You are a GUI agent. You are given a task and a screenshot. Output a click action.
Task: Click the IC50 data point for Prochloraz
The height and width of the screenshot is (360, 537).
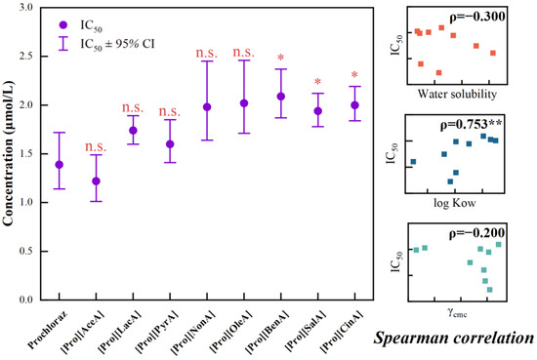pos(60,165)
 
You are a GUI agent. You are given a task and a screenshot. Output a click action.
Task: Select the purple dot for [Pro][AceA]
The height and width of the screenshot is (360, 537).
pos(97,181)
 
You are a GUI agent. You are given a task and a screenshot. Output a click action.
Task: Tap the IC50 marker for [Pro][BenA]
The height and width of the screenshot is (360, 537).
pos(281,97)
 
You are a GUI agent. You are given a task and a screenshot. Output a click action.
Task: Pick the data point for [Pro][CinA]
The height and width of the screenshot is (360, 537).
pos(354,105)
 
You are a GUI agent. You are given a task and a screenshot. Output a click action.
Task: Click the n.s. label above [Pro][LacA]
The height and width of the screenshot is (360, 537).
pos(133,107)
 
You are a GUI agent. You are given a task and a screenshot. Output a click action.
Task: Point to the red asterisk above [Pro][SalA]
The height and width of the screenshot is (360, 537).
pos(318,82)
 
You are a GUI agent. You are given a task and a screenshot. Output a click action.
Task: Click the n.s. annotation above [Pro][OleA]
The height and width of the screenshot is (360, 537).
pos(244,53)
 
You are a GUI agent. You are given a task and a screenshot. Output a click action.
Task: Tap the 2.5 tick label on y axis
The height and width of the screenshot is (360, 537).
pos(25,57)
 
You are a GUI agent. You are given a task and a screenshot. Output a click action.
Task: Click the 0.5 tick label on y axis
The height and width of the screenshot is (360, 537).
pos(25,251)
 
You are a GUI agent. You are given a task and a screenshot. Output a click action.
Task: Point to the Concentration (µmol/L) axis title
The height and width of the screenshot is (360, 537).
pos(8,153)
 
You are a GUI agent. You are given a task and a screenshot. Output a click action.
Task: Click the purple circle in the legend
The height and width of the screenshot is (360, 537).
pos(63,25)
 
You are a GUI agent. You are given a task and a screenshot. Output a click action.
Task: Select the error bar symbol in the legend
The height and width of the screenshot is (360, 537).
pos(63,44)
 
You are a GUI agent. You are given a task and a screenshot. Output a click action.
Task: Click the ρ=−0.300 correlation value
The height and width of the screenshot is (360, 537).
pos(476,16)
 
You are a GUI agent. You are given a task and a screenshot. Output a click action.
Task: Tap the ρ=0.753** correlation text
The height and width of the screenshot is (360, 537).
pos(472,125)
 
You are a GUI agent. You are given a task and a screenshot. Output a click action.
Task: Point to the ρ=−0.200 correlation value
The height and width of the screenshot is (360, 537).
pos(476,233)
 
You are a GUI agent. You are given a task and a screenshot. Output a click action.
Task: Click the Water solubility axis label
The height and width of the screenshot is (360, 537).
pos(457,94)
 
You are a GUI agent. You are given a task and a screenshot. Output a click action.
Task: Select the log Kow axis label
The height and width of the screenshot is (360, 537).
pos(455,203)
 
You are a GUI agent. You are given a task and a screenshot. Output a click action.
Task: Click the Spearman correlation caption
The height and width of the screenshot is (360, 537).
pos(454,338)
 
